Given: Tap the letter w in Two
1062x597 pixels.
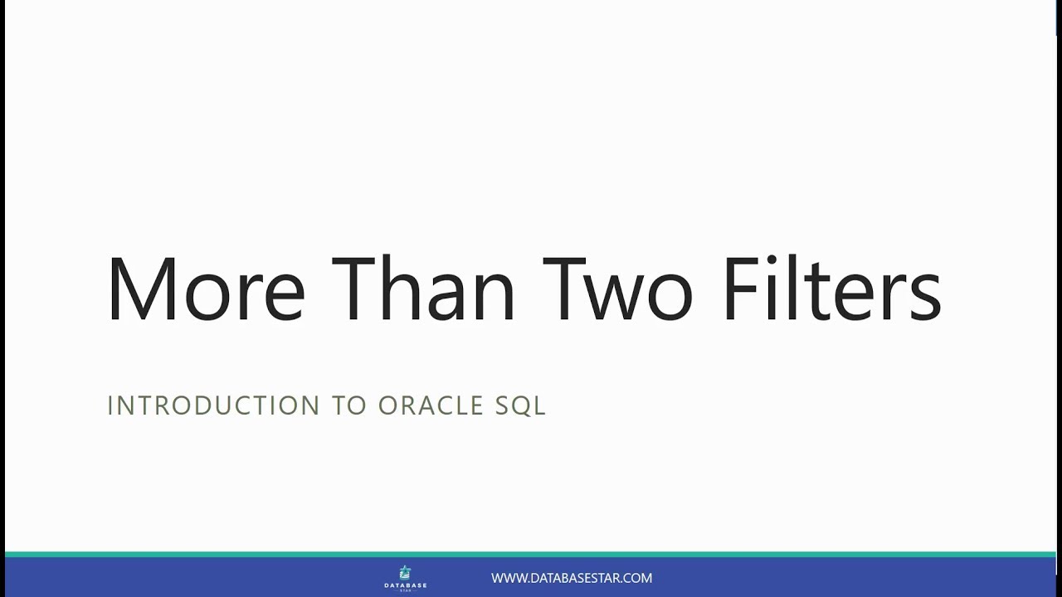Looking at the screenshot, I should [619, 297].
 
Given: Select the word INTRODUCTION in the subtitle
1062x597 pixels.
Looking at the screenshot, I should [213, 405].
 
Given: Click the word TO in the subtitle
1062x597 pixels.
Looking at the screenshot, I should [348, 405].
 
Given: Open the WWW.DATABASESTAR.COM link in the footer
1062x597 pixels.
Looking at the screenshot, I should [571, 578].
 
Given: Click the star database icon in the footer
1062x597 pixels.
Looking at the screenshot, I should [405, 572].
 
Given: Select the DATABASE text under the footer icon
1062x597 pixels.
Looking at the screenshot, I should [405, 585].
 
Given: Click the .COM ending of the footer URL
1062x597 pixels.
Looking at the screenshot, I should [637, 578].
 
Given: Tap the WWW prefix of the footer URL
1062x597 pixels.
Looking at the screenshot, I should [506, 578].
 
